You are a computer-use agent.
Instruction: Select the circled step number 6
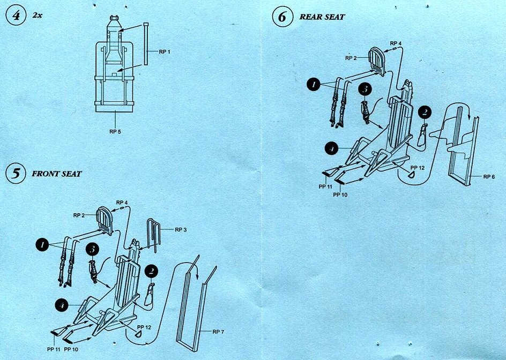tap(282, 17)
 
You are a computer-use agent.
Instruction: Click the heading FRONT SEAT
tap(56, 174)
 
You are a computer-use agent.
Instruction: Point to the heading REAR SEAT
tap(322, 17)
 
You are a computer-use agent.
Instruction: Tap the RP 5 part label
tap(116, 131)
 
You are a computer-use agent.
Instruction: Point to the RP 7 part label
tap(217, 332)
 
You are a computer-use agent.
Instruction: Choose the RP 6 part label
tap(489, 176)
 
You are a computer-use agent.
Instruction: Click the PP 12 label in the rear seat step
tap(418, 167)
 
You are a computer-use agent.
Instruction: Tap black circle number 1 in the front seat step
tap(41, 244)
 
